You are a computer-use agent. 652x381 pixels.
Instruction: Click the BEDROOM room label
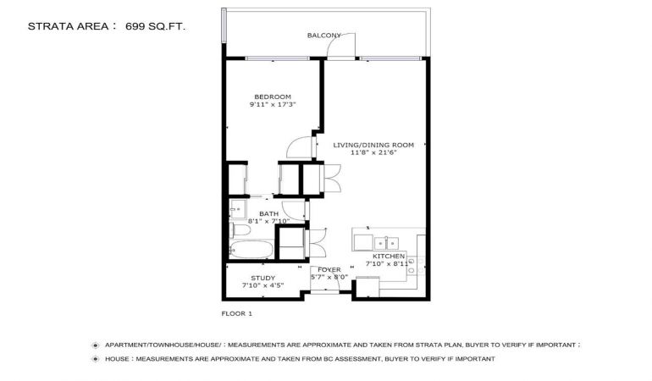click(x=273, y=97)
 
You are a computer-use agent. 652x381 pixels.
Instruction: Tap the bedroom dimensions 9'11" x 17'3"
click(x=273, y=105)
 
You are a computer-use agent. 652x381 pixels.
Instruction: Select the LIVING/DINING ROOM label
click(x=373, y=145)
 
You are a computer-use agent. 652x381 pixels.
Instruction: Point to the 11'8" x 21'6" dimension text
click(x=373, y=152)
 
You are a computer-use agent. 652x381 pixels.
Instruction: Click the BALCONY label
click(x=324, y=36)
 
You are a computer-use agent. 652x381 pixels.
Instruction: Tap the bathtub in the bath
click(x=251, y=249)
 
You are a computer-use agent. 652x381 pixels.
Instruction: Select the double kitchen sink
click(x=386, y=243)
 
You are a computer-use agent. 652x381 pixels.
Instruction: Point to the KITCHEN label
click(x=389, y=257)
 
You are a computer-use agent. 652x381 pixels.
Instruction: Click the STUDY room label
click(x=262, y=278)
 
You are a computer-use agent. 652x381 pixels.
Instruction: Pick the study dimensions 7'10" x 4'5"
click(x=262, y=285)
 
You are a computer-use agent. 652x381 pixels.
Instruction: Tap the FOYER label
click(x=329, y=270)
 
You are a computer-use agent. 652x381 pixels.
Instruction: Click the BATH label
click(x=268, y=214)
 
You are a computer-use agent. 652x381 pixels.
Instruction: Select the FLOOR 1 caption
click(x=236, y=313)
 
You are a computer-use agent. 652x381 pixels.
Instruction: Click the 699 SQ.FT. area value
click(x=155, y=26)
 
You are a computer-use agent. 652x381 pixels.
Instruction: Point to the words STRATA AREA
click(x=69, y=26)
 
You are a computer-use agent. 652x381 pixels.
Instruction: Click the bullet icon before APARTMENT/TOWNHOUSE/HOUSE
click(x=96, y=345)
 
